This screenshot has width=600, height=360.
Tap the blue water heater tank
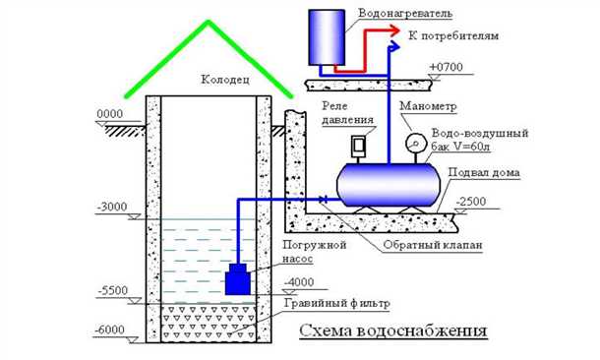(x=329, y=37)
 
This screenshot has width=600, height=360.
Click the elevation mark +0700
(x=448, y=66)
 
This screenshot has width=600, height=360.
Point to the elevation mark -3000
(x=115, y=209)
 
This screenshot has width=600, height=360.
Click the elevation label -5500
(x=116, y=293)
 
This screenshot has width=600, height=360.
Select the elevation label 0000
(x=110, y=115)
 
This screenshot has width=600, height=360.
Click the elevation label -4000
(x=300, y=282)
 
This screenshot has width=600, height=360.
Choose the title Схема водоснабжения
(x=393, y=330)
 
